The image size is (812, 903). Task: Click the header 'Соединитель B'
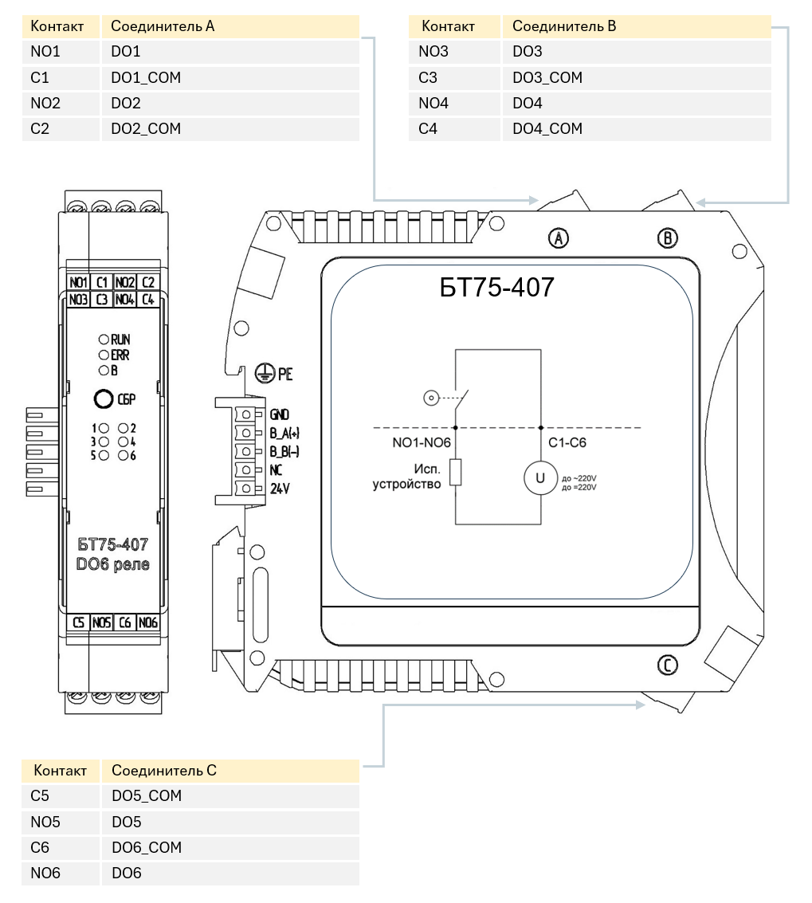tap(564, 26)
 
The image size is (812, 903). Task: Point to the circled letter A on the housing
tap(558, 238)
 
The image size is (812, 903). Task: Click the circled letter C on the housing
tap(668, 665)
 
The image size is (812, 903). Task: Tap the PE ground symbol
tap(264, 374)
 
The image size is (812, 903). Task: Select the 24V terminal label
tap(280, 489)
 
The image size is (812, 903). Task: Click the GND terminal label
tap(280, 414)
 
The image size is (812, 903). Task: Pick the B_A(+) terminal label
tap(284, 433)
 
